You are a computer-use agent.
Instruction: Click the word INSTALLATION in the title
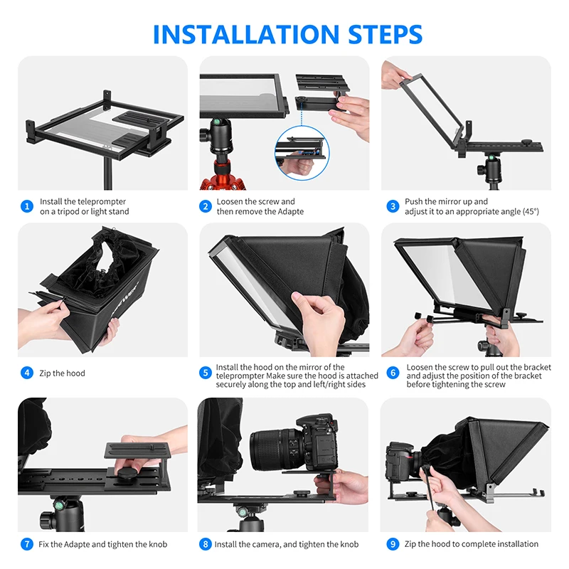coord(247,34)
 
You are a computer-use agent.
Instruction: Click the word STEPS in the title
coord(385,34)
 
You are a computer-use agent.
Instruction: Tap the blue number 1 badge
coord(27,206)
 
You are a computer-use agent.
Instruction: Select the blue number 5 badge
coord(206,373)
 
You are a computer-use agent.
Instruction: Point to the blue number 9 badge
coord(393,544)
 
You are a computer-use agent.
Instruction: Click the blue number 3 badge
coord(393,206)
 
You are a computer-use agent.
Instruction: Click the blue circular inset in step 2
coord(302,153)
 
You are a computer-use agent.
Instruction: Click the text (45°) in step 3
coord(531,211)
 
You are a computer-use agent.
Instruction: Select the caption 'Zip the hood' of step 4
coord(62,373)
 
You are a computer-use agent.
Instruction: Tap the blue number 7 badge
coord(27,544)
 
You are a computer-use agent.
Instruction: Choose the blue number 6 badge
coord(393,373)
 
